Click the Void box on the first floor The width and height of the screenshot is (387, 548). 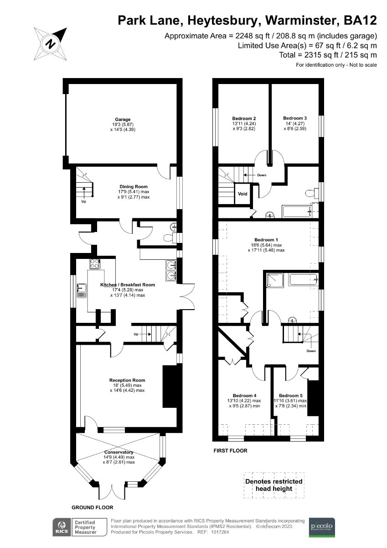click(x=243, y=194)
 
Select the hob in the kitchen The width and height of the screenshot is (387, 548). click(x=94, y=263)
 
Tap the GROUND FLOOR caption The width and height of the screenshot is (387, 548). click(x=92, y=507)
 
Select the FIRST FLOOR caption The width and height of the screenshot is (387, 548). click(x=230, y=451)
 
